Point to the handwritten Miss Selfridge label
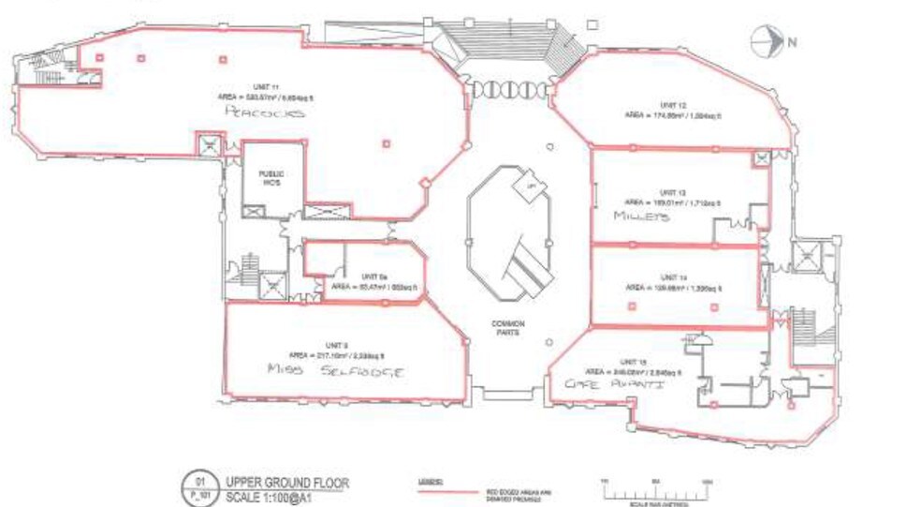[x=334, y=370]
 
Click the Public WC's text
[x=271, y=178]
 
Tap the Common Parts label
[x=509, y=328]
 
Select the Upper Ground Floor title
[x=285, y=483]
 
